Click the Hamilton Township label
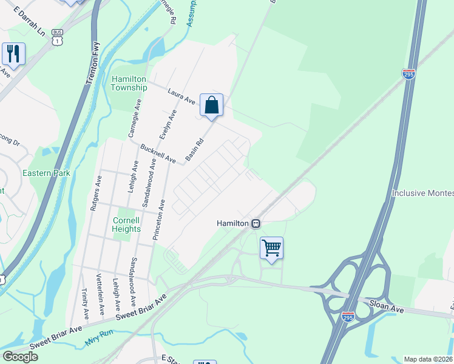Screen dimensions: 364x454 click(x=129, y=83)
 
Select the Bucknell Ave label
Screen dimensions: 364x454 click(x=158, y=154)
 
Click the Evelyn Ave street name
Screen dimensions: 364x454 click(x=173, y=123)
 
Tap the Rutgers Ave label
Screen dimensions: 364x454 click(x=95, y=193)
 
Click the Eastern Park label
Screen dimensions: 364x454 click(x=46, y=173)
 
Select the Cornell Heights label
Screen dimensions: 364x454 click(x=126, y=224)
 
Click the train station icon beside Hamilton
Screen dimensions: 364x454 click(x=256, y=223)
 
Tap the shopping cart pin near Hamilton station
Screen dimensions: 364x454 click(x=271, y=248)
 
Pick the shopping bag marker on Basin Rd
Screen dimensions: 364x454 click(x=211, y=105)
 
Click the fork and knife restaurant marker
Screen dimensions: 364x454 click(x=13, y=53)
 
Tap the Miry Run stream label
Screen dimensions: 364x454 click(x=100, y=342)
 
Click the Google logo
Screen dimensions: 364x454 click(x=20, y=356)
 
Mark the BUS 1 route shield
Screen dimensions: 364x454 click(x=57, y=37)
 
